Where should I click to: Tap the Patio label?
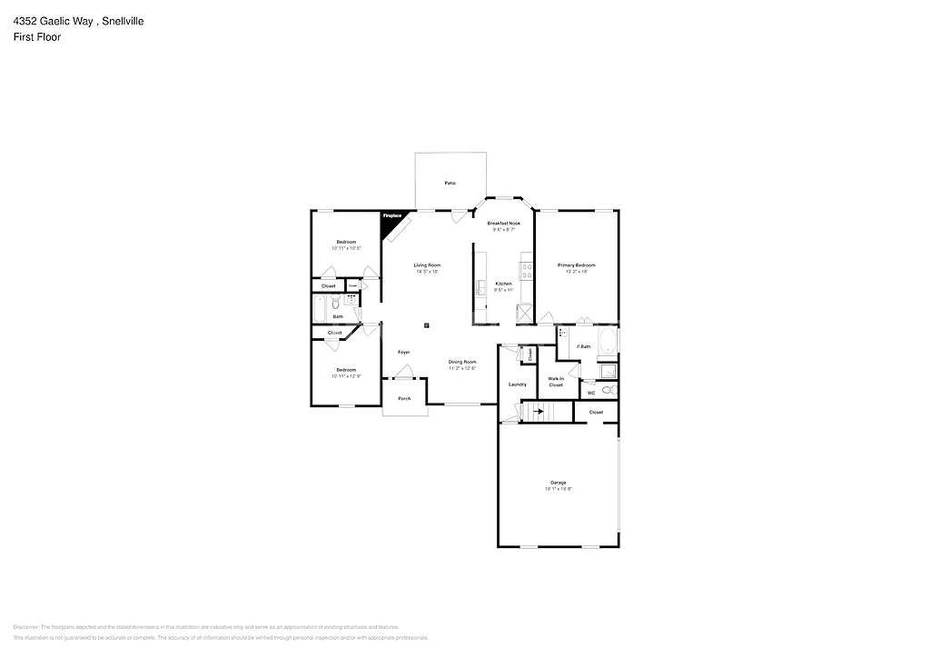click(450, 184)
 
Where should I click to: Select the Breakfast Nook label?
click(503, 224)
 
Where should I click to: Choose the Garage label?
click(558, 483)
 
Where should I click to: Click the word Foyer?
click(404, 352)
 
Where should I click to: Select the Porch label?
click(404, 398)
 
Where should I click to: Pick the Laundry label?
click(518, 384)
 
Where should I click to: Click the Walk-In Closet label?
click(556, 382)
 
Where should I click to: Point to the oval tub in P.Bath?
click(606, 343)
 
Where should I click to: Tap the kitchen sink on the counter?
click(480, 288)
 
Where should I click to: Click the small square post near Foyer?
click(426, 324)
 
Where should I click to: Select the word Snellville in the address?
click(123, 20)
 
